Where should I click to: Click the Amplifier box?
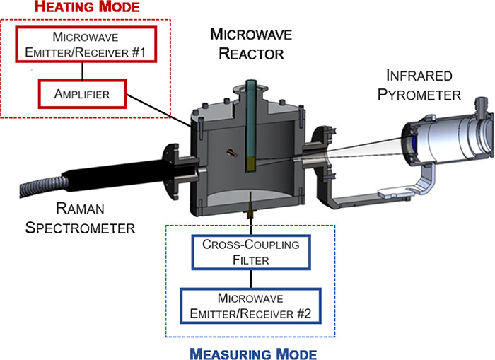pos(83,94)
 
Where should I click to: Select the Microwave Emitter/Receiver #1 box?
pos(86,45)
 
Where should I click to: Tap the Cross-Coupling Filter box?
pos(251,252)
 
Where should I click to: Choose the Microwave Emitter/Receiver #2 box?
pos(250,306)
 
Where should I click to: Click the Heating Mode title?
pos(87,7)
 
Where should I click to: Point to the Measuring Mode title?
pos(253,354)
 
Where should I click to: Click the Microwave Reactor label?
pos(251,44)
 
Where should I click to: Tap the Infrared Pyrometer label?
pos(419,86)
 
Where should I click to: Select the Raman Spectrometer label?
pos(80,219)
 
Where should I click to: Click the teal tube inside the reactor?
pos(250,118)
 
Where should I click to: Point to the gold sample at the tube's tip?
pos(250,165)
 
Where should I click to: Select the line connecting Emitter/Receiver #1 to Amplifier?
pos(83,71)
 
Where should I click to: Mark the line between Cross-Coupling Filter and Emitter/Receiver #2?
pos(251,279)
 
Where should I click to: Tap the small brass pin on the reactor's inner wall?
pos(232,153)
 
